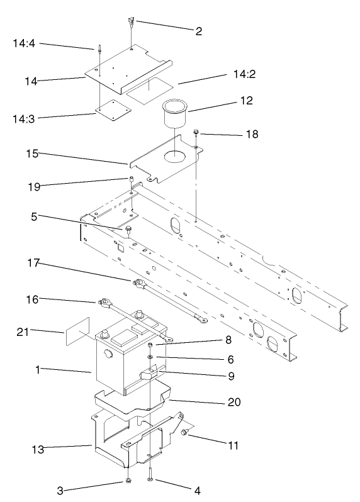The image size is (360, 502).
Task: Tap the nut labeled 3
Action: pyautogui.click(x=128, y=481)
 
